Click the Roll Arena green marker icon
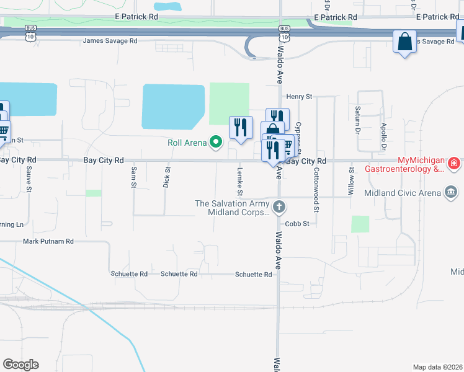click(216, 143)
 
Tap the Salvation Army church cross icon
click(279, 206)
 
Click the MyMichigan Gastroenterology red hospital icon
click(455, 164)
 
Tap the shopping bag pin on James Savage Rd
click(404, 43)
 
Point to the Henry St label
click(299, 97)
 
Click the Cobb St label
click(297, 224)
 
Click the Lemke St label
click(239, 178)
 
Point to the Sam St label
click(134, 175)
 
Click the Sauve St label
click(30, 178)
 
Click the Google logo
click(20, 365)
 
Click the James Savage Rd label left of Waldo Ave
click(110, 41)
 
